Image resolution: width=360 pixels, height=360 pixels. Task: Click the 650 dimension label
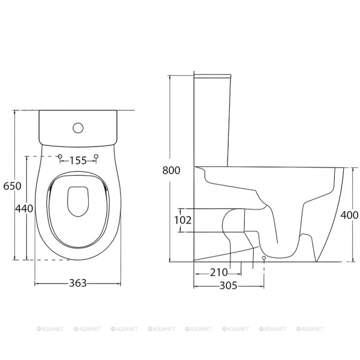coord(13,186)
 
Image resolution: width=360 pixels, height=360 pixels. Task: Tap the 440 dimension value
coord(24,208)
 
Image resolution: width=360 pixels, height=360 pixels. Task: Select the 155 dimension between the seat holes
coord(78,160)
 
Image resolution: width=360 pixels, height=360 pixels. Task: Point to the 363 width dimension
coord(78,283)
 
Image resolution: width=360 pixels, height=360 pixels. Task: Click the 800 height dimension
coord(171,170)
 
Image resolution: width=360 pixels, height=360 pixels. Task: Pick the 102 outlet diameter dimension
coord(183,220)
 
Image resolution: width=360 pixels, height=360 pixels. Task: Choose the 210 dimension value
coord(219,272)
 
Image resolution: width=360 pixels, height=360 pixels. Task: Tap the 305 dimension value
coord(229,286)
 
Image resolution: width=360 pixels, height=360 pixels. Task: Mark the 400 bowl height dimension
coord(349,215)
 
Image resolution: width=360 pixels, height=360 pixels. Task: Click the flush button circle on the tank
coord(78,128)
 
